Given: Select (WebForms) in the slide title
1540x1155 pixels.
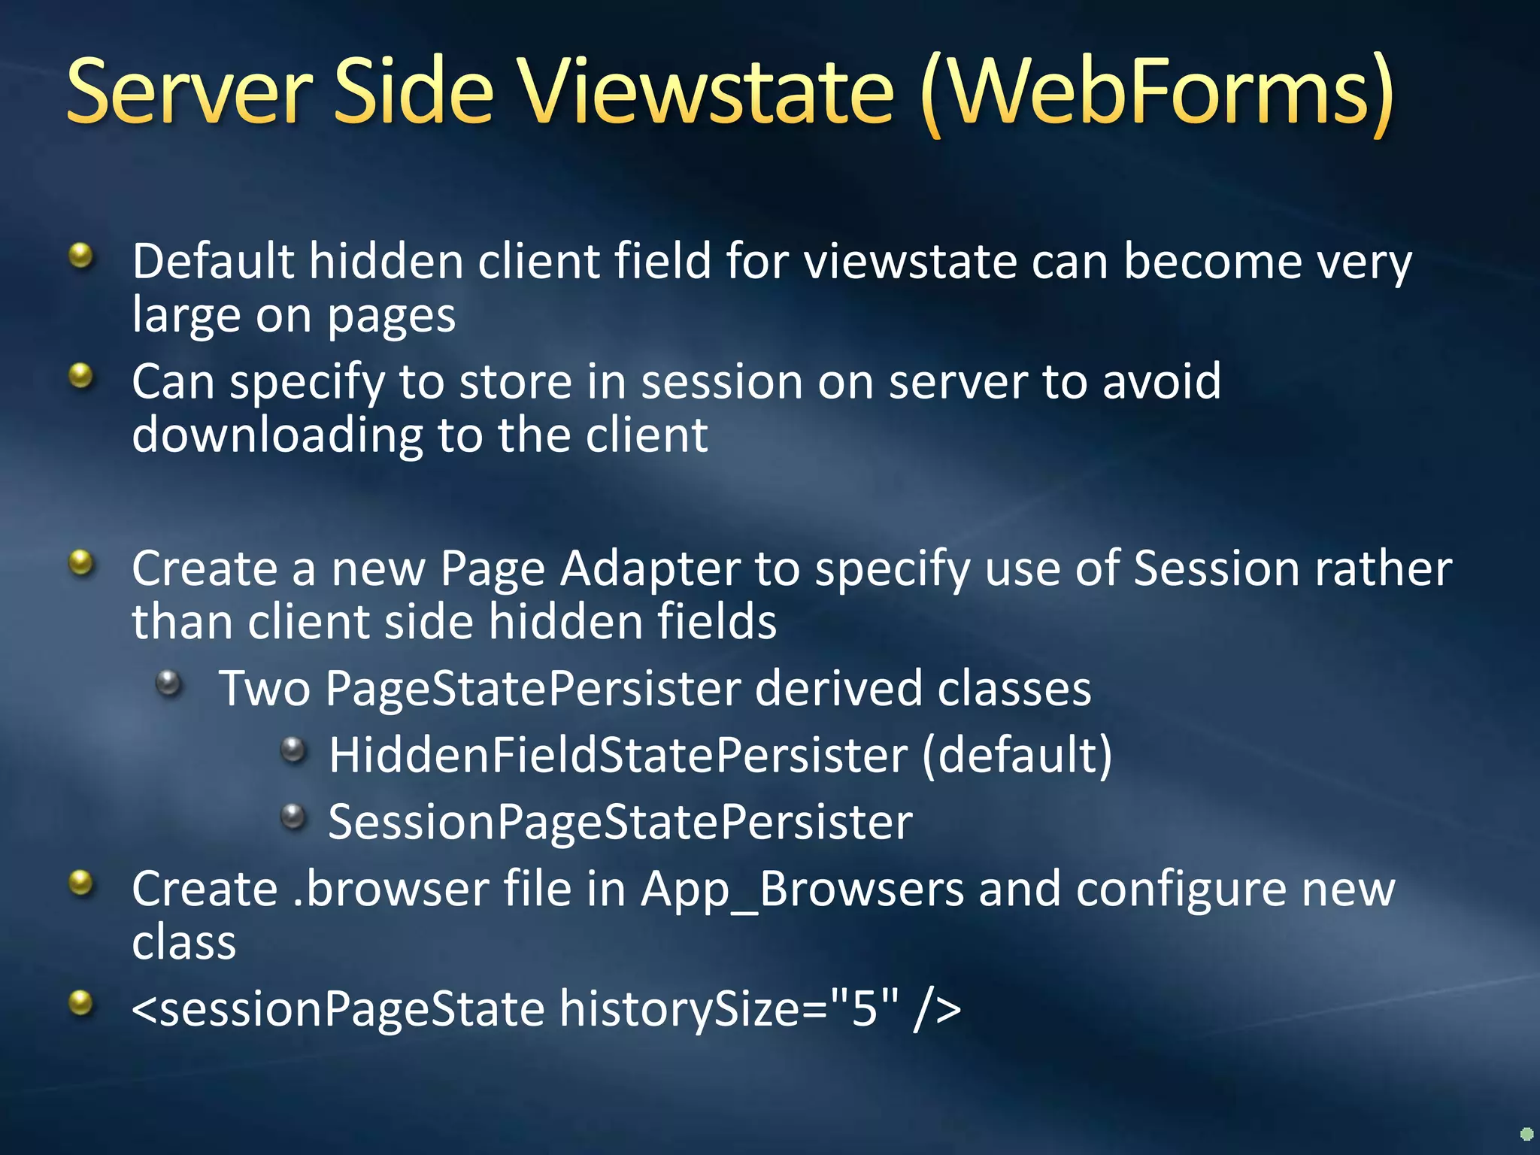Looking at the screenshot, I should [x=1158, y=94].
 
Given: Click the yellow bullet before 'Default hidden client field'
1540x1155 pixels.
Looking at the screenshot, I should [x=80, y=256].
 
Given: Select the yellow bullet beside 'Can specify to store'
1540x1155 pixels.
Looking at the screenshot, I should [x=80, y=375].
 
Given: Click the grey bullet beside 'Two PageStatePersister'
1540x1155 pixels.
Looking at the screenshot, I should [x=169, y=683].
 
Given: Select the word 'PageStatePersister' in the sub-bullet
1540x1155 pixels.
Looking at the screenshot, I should [x=533, y=689].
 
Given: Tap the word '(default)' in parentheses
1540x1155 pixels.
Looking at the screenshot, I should [x=1017, y=755].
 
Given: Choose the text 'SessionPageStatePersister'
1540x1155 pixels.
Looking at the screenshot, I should [x=620, y=822].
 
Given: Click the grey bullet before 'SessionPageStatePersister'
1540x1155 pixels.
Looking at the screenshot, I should [x=293, y=816].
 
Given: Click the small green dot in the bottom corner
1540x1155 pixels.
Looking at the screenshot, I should [x=1526, y=1133].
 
